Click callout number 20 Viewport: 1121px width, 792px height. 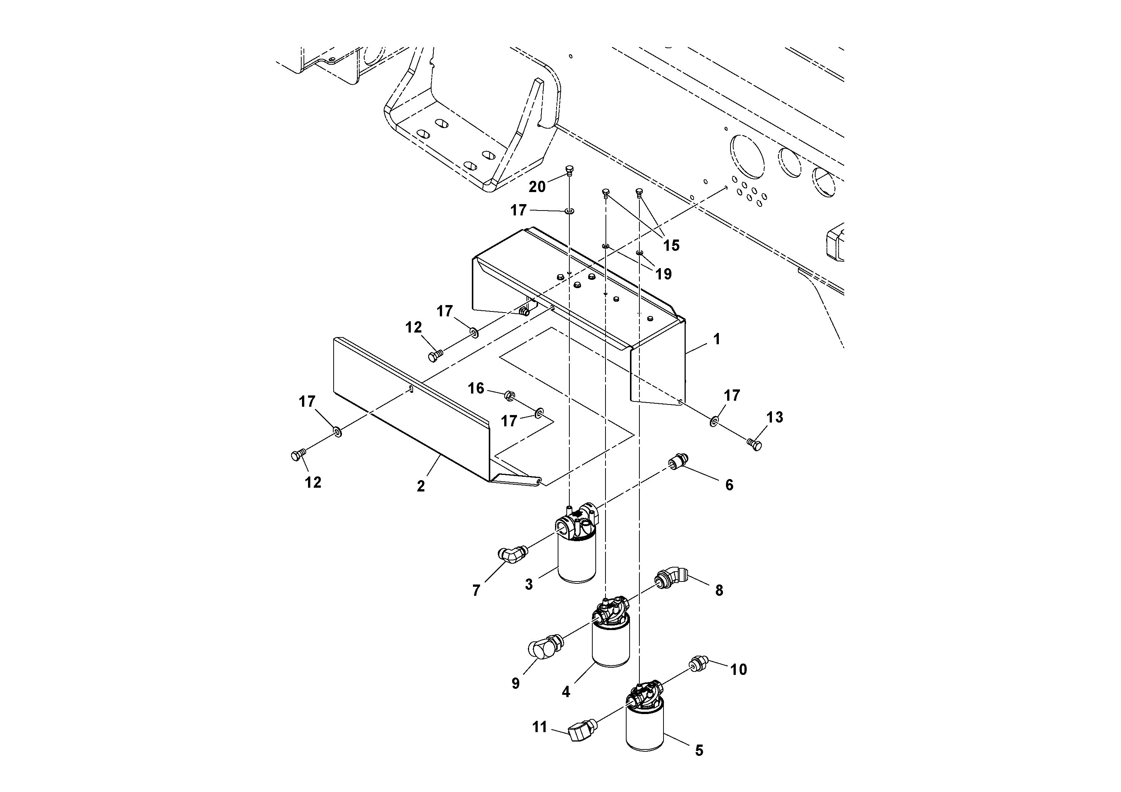pos(537,186)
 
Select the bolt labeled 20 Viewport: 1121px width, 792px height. pos(569,170)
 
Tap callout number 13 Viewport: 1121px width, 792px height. pos(774,417)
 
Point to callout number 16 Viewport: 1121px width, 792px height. pos(476,388)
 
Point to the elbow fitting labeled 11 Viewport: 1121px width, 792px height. pos(580,731)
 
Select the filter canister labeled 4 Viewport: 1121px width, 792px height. pos(610,642)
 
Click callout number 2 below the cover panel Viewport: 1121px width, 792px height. pos(420,486)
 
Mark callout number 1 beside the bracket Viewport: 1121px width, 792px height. pos(716,339)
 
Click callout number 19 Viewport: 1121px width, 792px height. pos(663,274)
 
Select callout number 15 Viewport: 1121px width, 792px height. pos(671,245)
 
